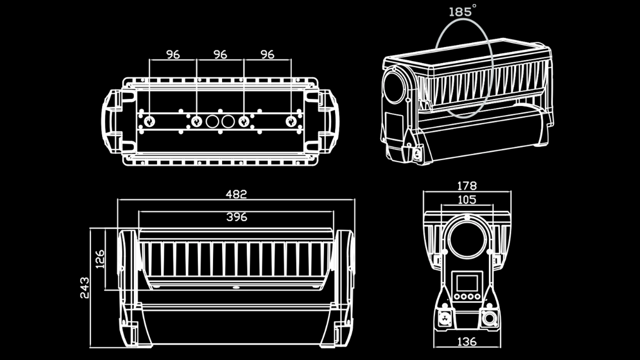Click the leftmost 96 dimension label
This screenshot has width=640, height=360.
(173, 54)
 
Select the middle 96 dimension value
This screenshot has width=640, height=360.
(220, 54)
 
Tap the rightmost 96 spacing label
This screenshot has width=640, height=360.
(267, 54)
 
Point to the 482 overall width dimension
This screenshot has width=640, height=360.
(236, 194)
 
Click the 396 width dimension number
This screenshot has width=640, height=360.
(236, 217)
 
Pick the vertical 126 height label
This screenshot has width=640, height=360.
(100, 259)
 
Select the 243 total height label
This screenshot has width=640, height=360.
(84, 287)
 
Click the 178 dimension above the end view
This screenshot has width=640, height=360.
(466, 185)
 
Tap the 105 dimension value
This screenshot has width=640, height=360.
(466, 200)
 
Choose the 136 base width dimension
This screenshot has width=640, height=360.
(466, 342)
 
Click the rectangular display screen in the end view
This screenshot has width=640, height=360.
(467, 282)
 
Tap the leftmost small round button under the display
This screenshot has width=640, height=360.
(456, 297)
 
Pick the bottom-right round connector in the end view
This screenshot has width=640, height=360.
(489, 318)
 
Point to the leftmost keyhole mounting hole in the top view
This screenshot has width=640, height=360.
(149, 121)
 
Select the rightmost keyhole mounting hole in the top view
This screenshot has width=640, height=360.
(290, 121)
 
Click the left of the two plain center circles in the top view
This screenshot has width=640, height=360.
(212, 121)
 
